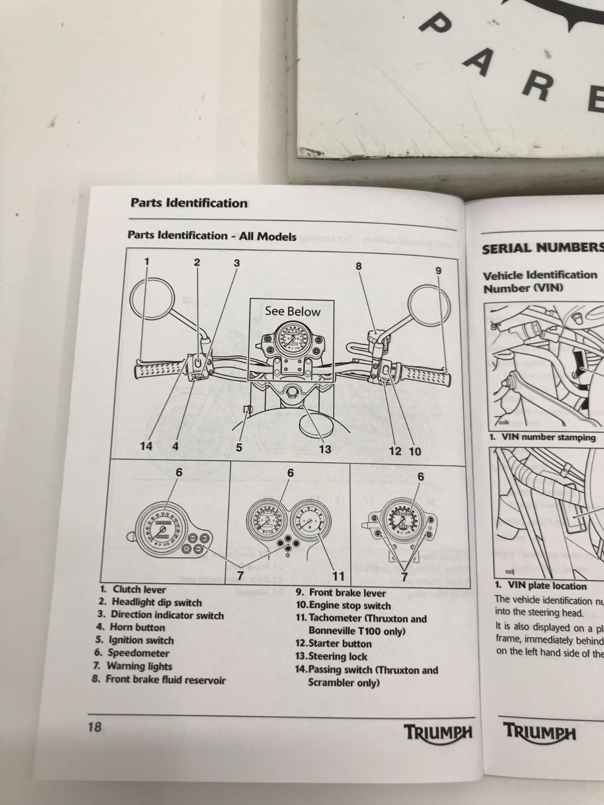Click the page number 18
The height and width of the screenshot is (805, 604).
(x=95, y=727)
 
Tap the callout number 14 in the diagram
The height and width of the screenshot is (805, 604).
(x=146, y=446)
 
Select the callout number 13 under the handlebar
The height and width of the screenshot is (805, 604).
(x=325, y=449)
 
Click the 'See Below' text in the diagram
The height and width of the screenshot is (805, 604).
(x=292, y=311)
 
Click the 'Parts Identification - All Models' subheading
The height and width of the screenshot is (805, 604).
(x=212, y=235)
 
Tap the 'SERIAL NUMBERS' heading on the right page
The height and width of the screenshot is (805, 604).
(x=543, y=248)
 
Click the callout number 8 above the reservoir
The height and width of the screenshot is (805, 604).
(x=359, y=266)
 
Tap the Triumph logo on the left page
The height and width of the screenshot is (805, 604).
(x=438, y=732)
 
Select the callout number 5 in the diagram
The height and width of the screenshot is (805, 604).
(x=239, y=447)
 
